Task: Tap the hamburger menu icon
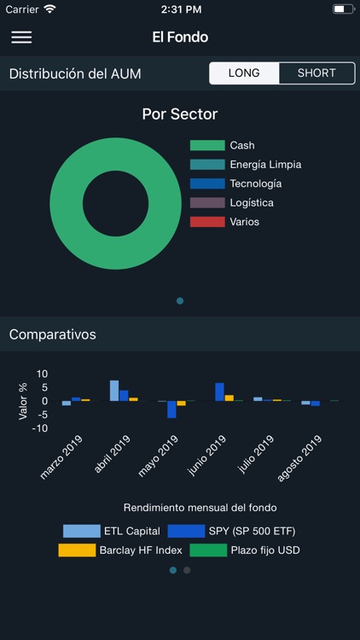pos(21,38)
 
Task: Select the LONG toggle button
pos(244,73)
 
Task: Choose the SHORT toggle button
pos(316,73)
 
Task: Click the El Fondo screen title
pos(180,38)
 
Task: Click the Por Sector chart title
pos(180,114)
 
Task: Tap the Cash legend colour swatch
pos(206,146)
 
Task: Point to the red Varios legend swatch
pos(206,222)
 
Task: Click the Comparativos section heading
pos(53,335)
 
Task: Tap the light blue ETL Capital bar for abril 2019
pos(114,391)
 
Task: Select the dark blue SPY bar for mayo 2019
pos(171,410)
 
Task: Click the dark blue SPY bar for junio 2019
pos(219,392)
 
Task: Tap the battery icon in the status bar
pos(343,9)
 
